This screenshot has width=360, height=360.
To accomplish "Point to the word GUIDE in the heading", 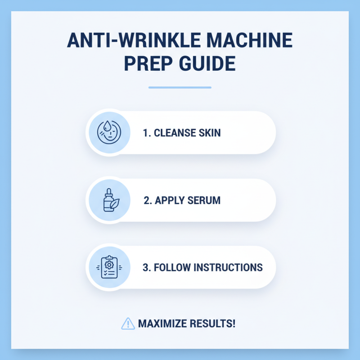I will (x=209, y=64).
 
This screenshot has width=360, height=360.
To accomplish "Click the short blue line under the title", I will (x=180, y=87).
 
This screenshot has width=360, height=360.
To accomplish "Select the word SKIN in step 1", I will (x=209, y=133).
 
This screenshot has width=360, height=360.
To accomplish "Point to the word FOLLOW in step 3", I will (x=173, y=267).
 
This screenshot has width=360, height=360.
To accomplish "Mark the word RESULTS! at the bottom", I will (x=213, y=324).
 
